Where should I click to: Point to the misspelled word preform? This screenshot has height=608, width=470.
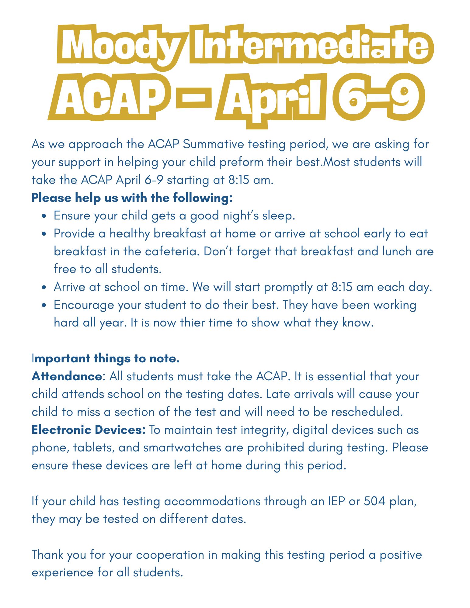point(241,162)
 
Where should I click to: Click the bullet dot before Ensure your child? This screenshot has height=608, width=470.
point(44,216)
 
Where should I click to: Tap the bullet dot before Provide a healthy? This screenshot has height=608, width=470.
point(44,234)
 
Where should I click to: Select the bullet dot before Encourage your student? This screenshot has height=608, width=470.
point(44,306)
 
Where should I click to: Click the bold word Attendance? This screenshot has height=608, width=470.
point(67,376)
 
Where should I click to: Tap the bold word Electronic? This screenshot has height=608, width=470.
point(61,430)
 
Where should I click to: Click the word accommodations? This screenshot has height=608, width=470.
point(212,501)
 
